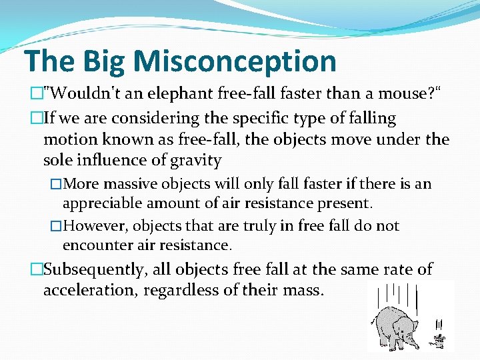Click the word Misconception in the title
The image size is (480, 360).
pos(235,61)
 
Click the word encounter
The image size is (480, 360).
pos(93,245)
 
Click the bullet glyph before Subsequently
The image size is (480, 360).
pos(36,269)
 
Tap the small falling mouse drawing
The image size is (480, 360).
pos(439,338)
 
